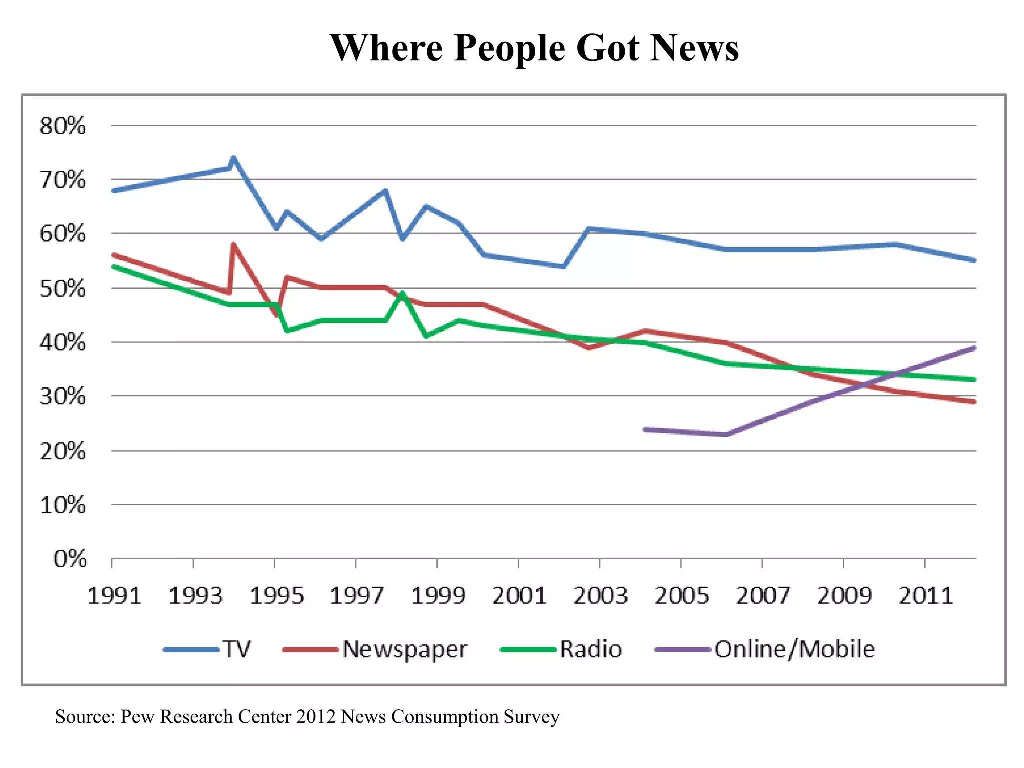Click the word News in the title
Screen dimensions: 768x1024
pyautogui.click(x=694, y=48)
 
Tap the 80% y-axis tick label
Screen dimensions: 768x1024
pyautogui.click(x=63, y=126)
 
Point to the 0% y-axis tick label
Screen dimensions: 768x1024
pyautogui.click(x=70, y=559)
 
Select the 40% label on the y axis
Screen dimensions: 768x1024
pyautogui.click(x=63, y=343)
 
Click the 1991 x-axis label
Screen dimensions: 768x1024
pyautogui.click(x=114, y=596)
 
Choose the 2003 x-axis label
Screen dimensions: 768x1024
pyautogui.click(x=600, y=596)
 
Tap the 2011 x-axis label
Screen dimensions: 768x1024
pyautogui.click(x=926, y=596)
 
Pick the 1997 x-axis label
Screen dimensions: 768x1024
pyautogui.click(x=357, y=596)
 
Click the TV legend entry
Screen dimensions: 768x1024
pyautogui.click(x=236, y=649)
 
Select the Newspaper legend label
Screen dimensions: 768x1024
pyautogui.click(x=405, y=649)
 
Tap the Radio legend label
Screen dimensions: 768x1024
pyautogui.click(x=591, y=649)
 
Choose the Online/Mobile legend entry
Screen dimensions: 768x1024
pyautogui.click(x=794, y=649)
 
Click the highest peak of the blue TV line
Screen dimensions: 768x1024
pyautogui.click(x=233, y=158)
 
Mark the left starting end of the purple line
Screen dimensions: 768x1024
pyautogui.click(x=645, y=429)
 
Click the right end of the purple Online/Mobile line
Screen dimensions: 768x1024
pyautogui.click(x=974, y=348)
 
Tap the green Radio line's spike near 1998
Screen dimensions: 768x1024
pyautogui.click(x=402, y=293)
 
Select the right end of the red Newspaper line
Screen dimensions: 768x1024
pyautogui.click(x=974, y=402)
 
